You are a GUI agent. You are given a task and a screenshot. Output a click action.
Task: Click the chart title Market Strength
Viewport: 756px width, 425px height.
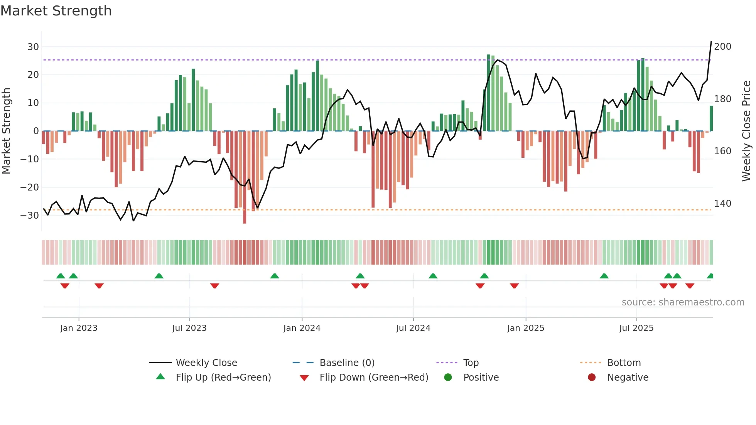coord(56,11)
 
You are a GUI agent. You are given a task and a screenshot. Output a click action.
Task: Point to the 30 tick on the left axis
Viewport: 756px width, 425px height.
coord(33,47)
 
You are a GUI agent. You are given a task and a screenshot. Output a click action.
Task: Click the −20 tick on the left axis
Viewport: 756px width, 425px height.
coord(30,187)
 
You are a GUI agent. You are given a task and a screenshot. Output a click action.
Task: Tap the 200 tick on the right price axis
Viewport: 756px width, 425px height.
coord(722,47)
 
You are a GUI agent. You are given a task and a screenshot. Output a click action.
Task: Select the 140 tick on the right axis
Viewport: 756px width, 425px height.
coord(722,204)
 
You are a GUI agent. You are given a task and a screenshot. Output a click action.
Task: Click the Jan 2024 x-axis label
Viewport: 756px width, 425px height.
coord(302,328)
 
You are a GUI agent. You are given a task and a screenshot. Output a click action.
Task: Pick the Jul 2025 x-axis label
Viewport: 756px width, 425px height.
coord(636,328)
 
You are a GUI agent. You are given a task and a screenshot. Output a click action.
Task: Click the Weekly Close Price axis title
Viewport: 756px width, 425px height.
coord(746,131)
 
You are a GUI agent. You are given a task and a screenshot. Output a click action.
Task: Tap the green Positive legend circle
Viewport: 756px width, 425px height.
coord(448,377)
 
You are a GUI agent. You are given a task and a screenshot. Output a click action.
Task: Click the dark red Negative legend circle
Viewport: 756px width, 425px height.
coord(592,377)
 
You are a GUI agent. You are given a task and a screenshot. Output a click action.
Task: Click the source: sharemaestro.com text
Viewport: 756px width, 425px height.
coord(683,302)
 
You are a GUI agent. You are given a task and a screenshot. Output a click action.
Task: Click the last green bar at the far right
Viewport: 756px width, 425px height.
coord(711,119)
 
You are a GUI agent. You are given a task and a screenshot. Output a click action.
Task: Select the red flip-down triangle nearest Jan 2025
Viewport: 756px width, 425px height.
coord(514,286)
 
